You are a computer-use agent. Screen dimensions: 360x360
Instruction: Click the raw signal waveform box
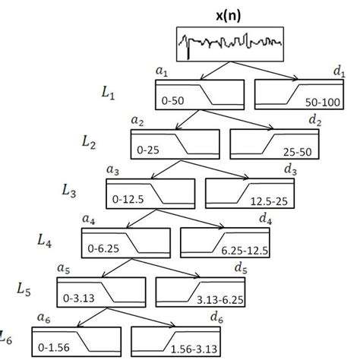pyautogui.click(x=229, y=46)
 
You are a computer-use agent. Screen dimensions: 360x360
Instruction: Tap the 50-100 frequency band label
pyautogui.click(x=314, y=100)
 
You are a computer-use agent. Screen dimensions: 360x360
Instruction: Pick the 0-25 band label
pyautogui.click(x=147, y=150)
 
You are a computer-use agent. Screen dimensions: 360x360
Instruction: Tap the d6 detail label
pyautogui.click(x=216, y=317)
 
